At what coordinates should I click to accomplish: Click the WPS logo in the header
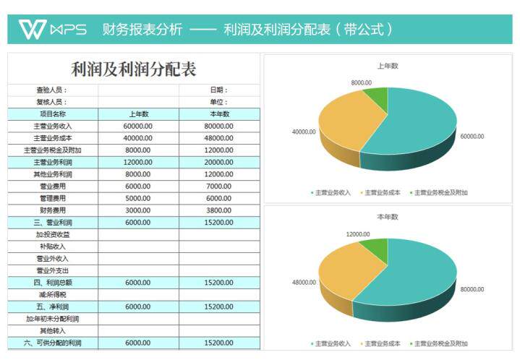point(52,29)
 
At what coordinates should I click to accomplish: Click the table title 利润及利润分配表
point(134,70)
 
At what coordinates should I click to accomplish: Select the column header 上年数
point(138,113)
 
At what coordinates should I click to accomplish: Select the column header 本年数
point(219,113)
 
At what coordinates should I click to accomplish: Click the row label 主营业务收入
point(52,126)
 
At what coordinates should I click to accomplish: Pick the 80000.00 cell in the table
point(219,126)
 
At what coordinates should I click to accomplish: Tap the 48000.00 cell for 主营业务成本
point(219,138)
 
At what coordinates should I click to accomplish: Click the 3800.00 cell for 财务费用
point(219,210)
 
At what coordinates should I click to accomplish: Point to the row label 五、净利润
point(52,307)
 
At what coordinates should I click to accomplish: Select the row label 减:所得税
point(52,294)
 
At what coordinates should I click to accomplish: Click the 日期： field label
point(219,90)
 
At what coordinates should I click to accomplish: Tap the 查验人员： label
point(52,90)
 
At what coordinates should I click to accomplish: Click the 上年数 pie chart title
point(388,66)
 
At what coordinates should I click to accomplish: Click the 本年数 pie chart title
point(388,216)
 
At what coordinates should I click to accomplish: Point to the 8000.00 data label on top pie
point(361,83)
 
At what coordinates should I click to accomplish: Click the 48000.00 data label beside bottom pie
point(304,283)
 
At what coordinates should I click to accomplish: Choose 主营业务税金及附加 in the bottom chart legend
point(441,343)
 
